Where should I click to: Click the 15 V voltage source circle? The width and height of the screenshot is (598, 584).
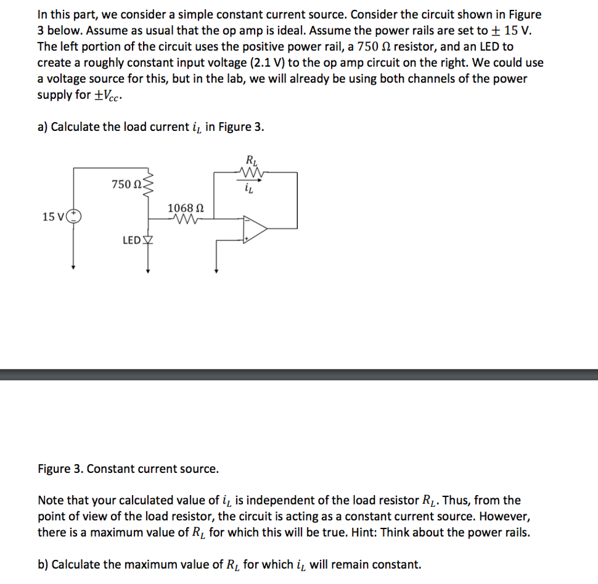tap(74, 217)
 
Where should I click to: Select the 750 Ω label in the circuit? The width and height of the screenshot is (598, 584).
tap(126, 185)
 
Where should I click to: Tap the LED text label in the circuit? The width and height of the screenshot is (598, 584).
tap(131, 240)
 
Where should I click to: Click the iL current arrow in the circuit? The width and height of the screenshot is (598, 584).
tap(250, 184)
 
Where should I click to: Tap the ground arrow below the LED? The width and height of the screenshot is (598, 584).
tap(148, 269)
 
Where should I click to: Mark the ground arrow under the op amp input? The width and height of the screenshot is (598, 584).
tap(217, 269)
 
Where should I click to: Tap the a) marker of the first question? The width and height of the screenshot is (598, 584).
tap(43, 127)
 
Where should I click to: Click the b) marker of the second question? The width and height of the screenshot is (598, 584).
tap(43, 564)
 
